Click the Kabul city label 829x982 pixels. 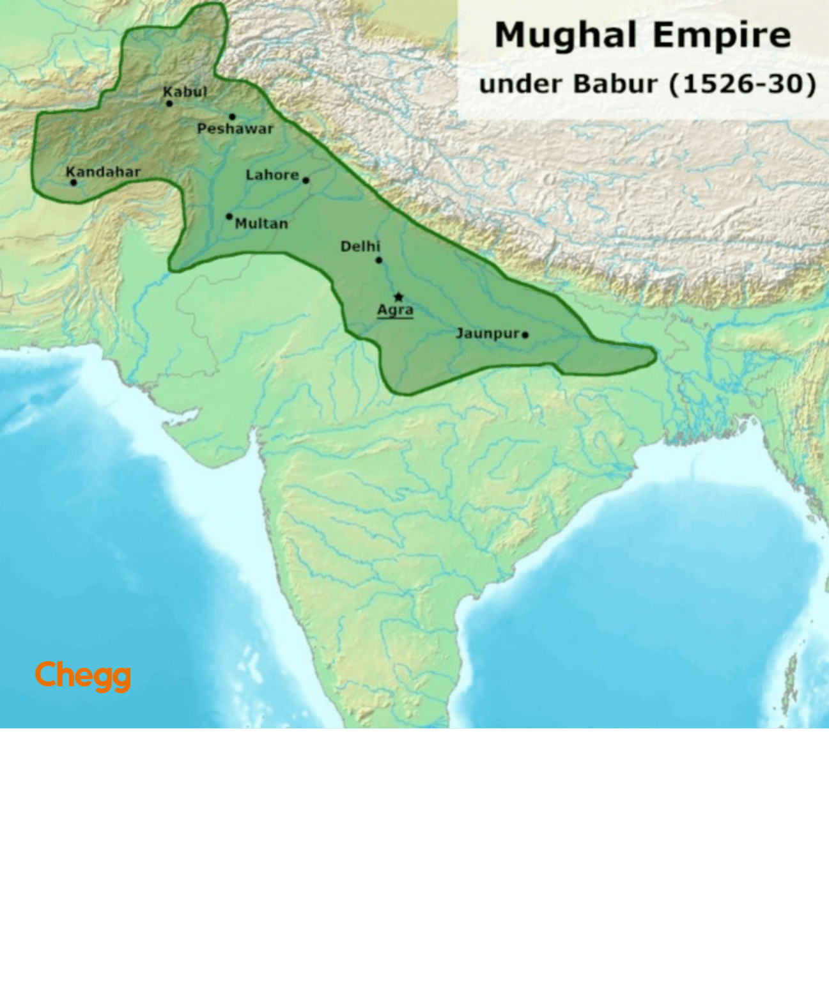coord(185,92)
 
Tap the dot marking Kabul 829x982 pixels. coord(169,104)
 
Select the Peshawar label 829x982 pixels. coord(235,129)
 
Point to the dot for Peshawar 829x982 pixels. coord(232,117)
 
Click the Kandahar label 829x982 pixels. coord(103,171)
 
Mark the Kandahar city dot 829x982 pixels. coord(74,182)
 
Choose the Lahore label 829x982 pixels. coord(272,175)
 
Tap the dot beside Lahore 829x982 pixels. coord(306,180)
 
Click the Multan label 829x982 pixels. coord(261,223)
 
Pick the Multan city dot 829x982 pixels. coord(229,217)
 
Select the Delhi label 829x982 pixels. coord(360,246)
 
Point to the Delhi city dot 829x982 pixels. coord(379,260)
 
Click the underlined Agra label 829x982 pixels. coord(395,310)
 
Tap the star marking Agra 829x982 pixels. coord(399,297)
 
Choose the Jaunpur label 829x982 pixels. coord(487,333)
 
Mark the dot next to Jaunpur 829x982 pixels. coord(525,334)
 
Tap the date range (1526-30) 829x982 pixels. coord(742,84)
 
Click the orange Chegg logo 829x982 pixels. coord(83,675)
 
